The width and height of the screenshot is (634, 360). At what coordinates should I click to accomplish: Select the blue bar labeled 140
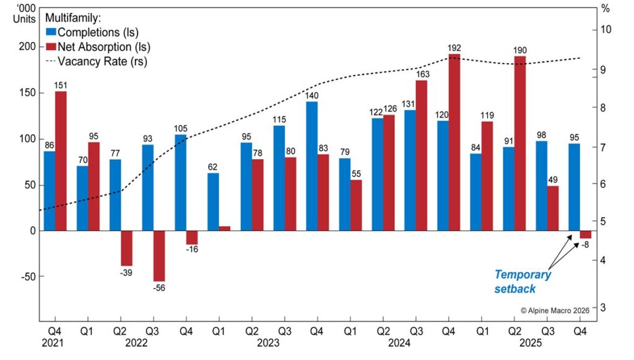coord(312,165)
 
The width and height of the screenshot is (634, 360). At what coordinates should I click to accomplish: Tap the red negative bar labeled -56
coord(159,256)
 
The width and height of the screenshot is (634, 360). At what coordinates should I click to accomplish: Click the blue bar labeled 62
coord(213,201)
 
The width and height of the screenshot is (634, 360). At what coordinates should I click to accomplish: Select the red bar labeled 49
coord(553,208)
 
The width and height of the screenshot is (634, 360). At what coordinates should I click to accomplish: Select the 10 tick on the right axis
coord(606,30)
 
